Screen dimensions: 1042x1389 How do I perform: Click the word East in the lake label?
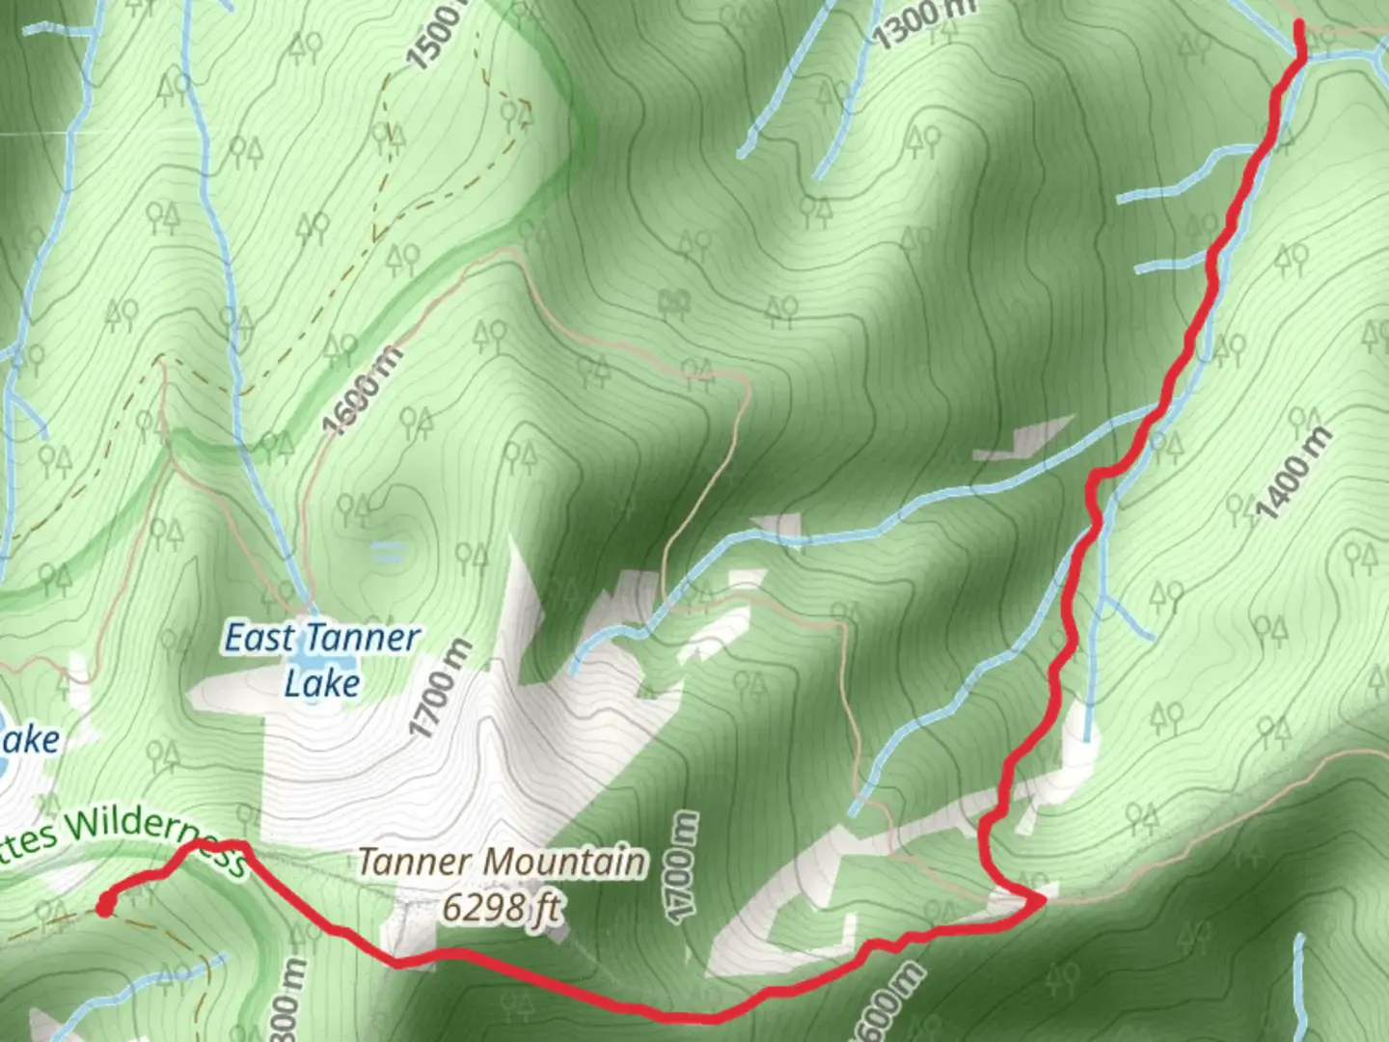258,639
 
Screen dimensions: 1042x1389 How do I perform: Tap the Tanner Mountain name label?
502,862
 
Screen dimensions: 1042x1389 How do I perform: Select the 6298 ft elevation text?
501,907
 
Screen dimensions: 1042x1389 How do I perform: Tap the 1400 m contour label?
1295,474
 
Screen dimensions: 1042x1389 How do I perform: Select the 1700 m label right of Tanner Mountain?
683,865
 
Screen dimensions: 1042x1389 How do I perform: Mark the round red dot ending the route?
103,906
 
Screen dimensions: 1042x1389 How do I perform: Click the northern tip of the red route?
1299,24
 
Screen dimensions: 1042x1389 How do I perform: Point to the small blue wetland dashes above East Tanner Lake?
387,551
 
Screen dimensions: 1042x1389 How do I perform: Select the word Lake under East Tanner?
321,683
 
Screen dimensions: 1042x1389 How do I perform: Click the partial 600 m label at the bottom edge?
885,1003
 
